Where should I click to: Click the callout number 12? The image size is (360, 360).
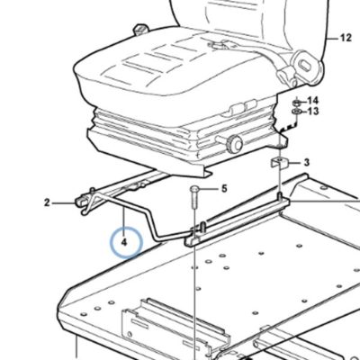[x=346, y=38]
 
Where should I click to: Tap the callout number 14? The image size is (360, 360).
[x=312, y=101]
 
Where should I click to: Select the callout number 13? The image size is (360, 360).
[x=313, y=112]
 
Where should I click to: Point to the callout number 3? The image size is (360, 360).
[x=306, y=163]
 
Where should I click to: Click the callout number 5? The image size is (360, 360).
[x=224, y=189]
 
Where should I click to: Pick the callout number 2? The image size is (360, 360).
[x=47, y=202]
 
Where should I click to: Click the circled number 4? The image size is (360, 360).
[x=124, y=242]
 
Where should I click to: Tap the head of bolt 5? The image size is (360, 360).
[x=193, y=190]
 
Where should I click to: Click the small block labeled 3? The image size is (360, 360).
[x=280, y=162]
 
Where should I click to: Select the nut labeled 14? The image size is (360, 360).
[x=296, y=103]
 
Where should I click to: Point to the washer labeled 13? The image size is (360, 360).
[x=296, y=112]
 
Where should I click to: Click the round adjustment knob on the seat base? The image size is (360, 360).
[x=234, y=143]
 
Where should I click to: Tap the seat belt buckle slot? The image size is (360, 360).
[x=306, y=66]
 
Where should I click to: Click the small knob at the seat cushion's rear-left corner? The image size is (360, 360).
[x=140, y=30]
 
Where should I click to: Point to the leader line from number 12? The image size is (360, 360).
[x=332, y=39]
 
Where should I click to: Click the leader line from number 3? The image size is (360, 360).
[x=294, y=163]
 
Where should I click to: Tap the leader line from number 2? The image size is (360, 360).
[x=64, y=203]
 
